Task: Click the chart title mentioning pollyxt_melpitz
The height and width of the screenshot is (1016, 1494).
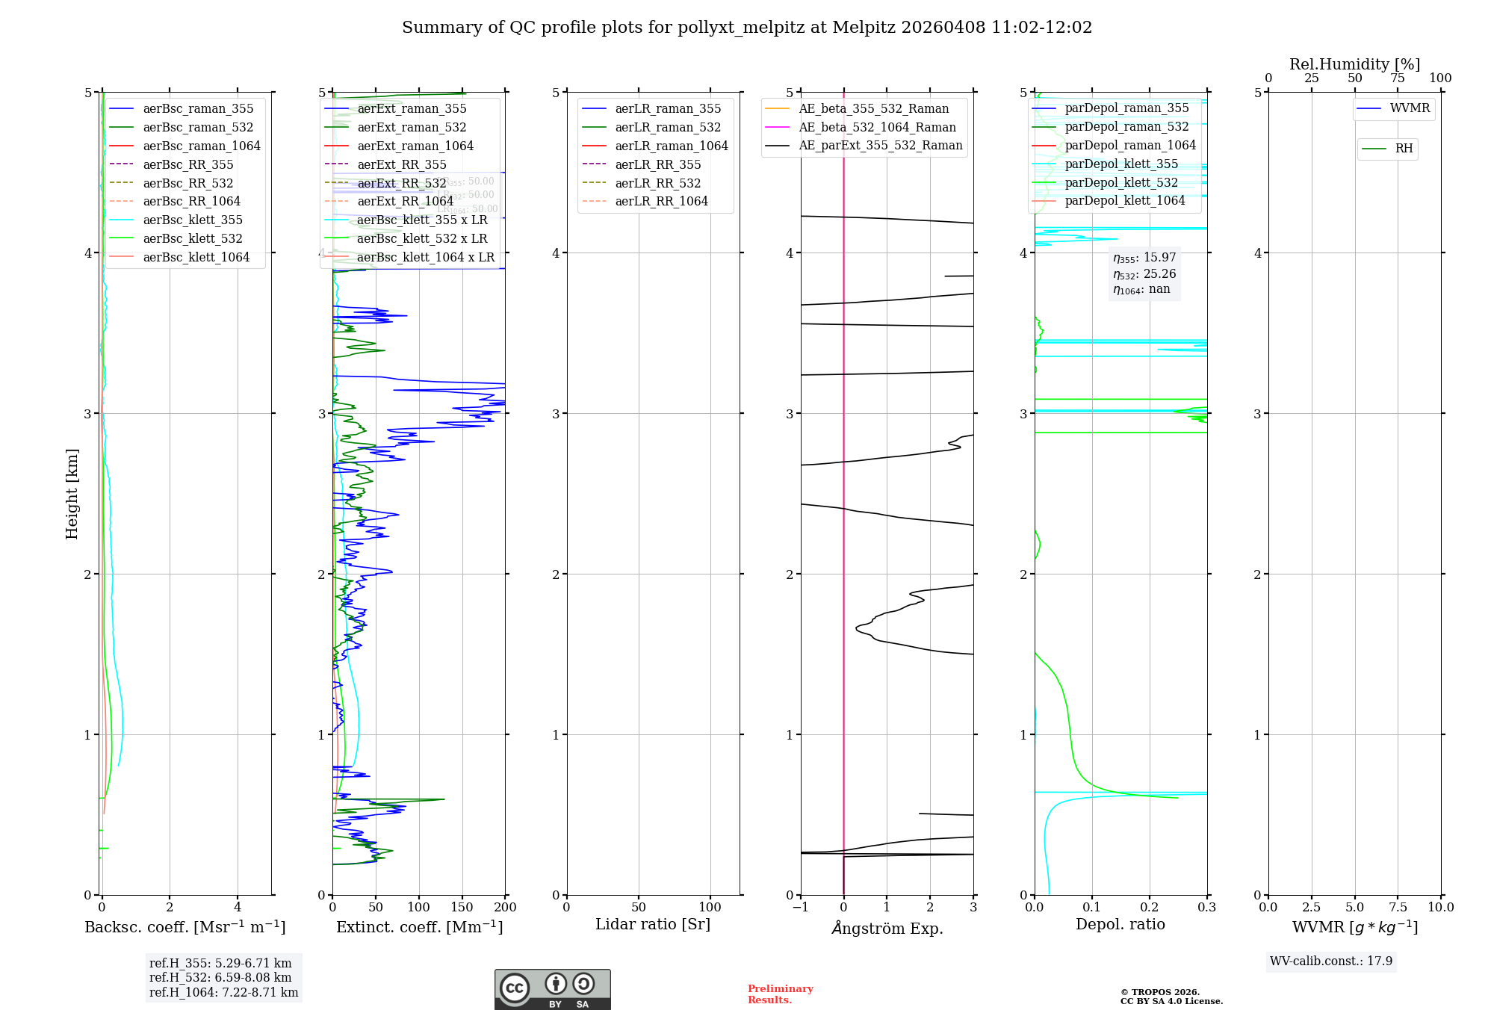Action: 747,28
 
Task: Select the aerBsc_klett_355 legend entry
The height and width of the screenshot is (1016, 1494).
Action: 193,220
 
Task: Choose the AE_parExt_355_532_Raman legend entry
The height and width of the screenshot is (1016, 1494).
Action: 880,146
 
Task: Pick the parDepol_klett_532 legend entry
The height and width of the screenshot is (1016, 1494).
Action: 1120,183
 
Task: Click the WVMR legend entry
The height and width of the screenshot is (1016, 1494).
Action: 1410,108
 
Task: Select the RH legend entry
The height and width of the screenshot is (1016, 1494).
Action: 1404,149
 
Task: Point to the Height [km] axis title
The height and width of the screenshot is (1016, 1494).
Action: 72,494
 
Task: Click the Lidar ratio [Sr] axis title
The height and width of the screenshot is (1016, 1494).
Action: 653,925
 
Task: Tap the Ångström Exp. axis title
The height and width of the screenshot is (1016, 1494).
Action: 887,929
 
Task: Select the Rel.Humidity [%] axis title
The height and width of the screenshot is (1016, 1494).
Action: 1354,64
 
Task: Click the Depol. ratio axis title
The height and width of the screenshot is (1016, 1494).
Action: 1120,925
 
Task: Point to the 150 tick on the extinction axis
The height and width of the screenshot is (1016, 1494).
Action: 462,908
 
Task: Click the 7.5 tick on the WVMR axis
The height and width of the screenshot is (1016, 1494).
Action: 1398,908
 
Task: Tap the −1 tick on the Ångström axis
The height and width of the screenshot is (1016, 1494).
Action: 800,908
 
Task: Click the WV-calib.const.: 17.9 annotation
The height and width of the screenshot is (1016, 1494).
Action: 1330,961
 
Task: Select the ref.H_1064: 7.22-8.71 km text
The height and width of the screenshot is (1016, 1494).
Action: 223,993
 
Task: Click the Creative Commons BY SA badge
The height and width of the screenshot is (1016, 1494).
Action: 552,990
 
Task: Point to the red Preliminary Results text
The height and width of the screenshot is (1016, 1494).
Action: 780,994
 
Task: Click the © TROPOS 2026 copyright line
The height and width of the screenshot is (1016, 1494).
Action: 1159,993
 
